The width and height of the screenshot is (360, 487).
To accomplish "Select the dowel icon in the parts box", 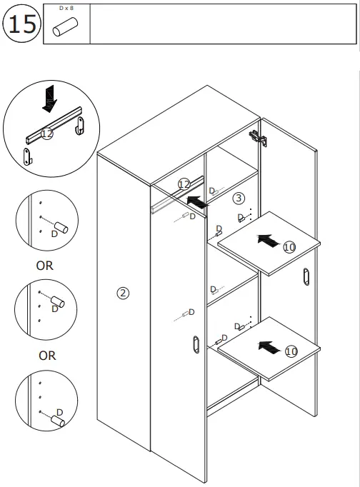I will [x=66, y=29].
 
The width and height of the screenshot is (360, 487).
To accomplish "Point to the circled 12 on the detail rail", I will [x=47, y=134].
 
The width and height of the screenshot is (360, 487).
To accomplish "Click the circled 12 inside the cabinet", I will [x=184, y=184].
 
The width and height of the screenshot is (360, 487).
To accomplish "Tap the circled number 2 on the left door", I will [x=123, y=293].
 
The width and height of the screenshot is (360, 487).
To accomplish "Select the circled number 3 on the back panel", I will [x=239, y=198].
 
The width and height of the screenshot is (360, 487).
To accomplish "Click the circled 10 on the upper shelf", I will [x=289, y=247].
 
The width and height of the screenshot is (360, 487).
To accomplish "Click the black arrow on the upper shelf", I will [x=267, y=241].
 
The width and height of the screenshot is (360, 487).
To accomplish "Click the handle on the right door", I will [x=306, y=276].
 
